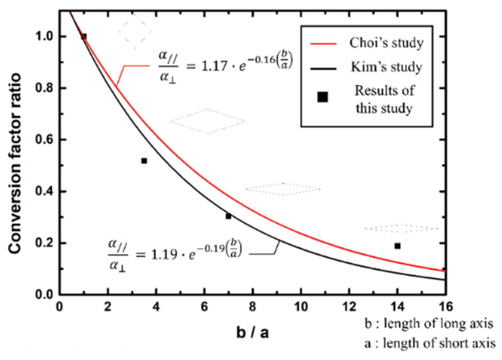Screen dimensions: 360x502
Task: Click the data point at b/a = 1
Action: [x=84, y=36]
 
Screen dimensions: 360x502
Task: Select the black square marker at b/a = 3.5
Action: [x=144, y=161]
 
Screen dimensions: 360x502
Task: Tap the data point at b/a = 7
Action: [x=228, y=216]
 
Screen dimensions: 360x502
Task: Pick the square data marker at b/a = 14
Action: [x=397, y=246]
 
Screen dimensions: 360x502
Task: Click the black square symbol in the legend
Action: [x=322, y=97]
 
